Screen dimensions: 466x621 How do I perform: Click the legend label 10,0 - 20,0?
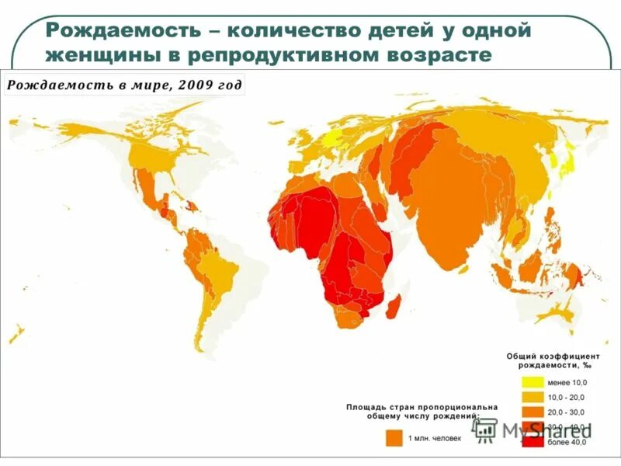tap(568, 397)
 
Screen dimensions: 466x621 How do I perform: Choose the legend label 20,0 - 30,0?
tap(568, 412)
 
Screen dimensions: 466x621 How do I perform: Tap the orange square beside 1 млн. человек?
tap(394, 439)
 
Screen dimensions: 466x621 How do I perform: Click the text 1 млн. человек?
tap(435, 439)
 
